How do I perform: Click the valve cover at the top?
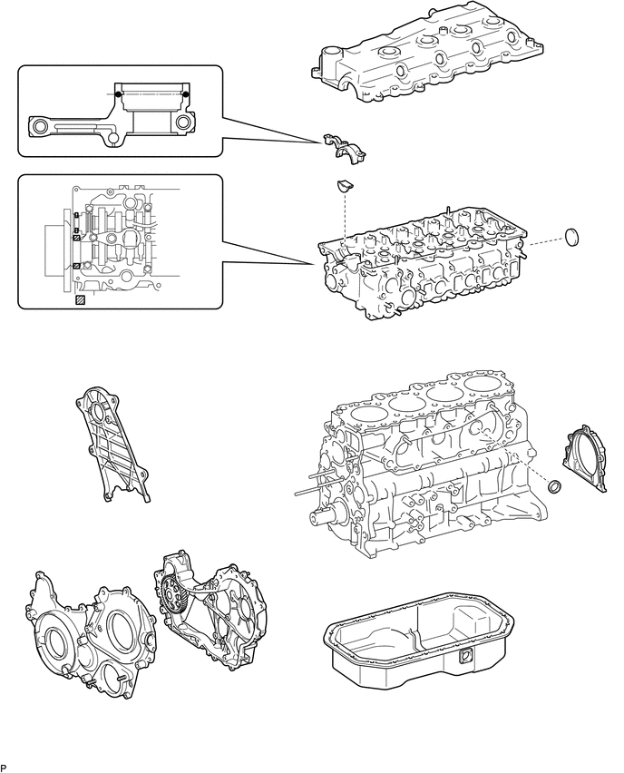click(x=427, y=52)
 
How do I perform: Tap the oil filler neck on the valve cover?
click(x=330, y=55)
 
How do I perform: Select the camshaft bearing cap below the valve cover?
click(x=345, y=149)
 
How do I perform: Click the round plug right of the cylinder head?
click(x=571, y=237)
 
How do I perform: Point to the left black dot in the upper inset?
click(x=118, y=93)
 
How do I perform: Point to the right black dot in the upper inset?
click(x=186, y=93)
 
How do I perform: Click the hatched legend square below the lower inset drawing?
click(x=79, y=300)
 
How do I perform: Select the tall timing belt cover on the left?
click(x=112, y=445)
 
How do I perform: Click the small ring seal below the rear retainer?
click(x=554, y=485)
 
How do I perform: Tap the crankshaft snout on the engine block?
click(x=325, y=517)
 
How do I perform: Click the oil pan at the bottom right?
click(x=419, y=641)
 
